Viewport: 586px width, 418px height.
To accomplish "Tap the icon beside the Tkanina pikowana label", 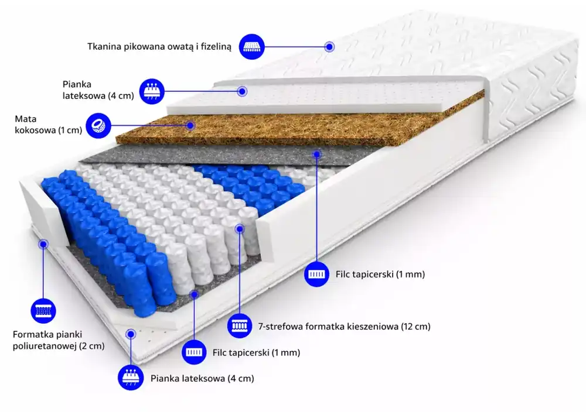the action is [251, 47].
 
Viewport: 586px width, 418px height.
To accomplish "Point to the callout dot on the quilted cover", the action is [329, 47].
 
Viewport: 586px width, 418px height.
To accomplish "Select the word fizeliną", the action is [216, 47].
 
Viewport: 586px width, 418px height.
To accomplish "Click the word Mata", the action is [25, 119].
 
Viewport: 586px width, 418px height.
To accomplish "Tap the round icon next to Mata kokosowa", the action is [98, 125].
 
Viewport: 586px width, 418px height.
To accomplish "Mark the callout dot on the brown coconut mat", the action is [190, 125].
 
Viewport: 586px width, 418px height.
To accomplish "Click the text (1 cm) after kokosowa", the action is [70, 130].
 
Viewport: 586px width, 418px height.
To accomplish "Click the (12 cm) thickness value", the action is [415, 327].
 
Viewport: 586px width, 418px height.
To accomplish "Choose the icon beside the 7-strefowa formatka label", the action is [240, 326].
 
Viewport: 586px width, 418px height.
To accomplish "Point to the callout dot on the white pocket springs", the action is [240, 228].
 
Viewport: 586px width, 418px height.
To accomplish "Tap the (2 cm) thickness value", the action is [92, 346].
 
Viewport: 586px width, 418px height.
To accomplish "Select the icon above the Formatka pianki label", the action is [43, 310].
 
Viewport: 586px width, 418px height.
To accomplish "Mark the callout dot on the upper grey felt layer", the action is [316, 153].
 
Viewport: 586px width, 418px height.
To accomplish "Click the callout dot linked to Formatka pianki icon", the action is [43, 244].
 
